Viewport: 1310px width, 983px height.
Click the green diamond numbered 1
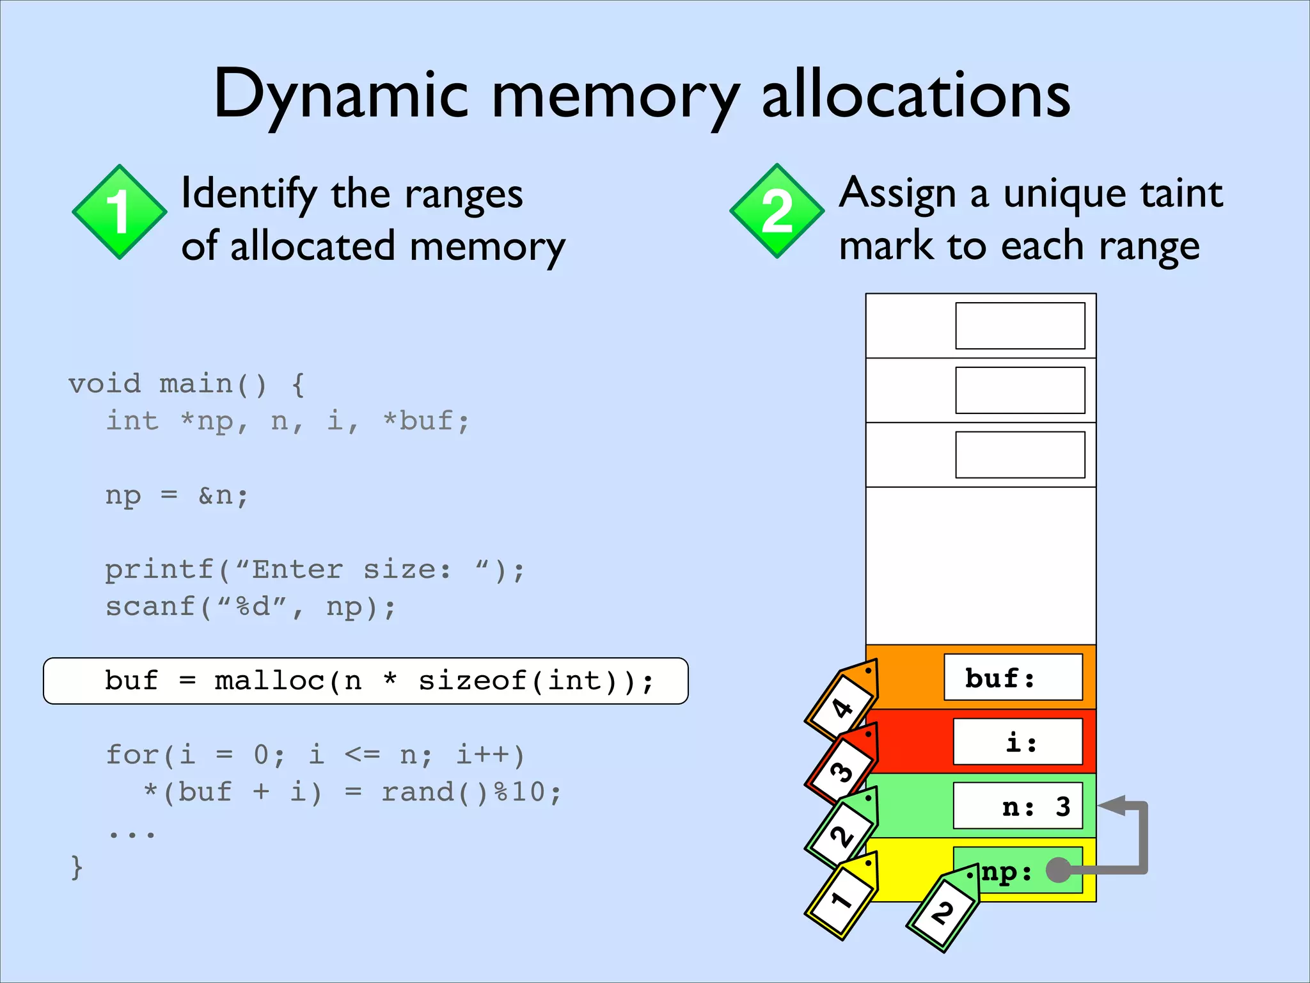pyautogui.click(x=120, y=212)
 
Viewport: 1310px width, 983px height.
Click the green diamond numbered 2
pyautogui.click(x=777, y=211)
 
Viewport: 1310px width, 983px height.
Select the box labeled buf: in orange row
pyautogui.click(x=1013, y=677)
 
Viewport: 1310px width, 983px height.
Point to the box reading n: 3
pyautogui.click(x=1018, y=806)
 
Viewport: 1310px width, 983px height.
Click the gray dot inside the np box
pyautogui.click(x=1059, y=870)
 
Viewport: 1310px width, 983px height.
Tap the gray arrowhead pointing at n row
pyautogui.click(x=1113, y=806)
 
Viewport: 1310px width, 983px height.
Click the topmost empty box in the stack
pyautogui.click(x=1020, y=326)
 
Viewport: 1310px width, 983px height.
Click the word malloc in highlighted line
pyautogui.click(x=269, y=681)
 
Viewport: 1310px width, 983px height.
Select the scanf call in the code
pyautogui.click(x=249, y=607)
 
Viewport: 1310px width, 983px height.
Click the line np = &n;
pyautogui.click(x=177, y=495)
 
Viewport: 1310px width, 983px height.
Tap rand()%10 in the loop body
pyautogui.click(x=471, y=792)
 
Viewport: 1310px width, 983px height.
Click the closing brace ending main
pyautogui.click(x=77, y=868)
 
